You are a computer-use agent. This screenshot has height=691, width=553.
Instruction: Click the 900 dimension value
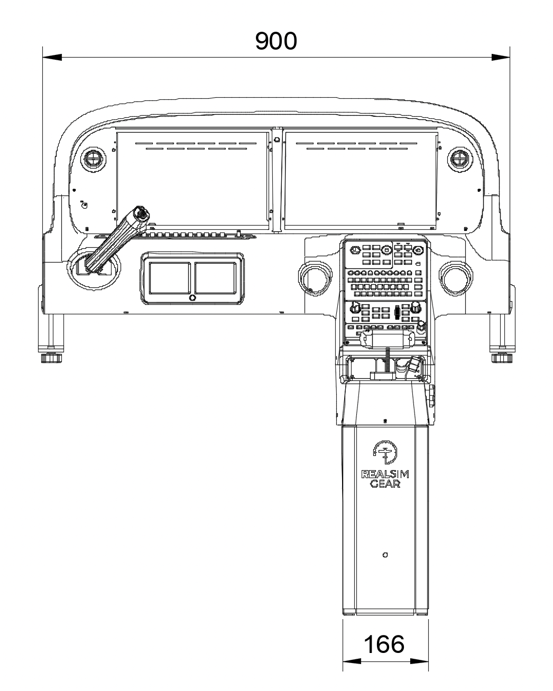[x=275, y=41]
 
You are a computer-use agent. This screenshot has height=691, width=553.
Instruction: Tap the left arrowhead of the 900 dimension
[x=52, y=58]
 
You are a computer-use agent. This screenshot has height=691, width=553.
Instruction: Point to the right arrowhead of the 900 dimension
[x=500, y=58]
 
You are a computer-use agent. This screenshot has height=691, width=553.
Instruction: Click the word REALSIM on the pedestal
[x=385, y=474]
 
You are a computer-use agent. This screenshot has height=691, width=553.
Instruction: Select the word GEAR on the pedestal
[x=385, y=483]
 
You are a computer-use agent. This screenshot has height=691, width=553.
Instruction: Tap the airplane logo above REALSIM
[x=385, y=452]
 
